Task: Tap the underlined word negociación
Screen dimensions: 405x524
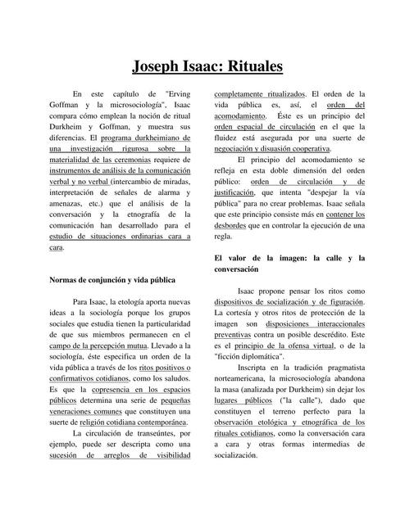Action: click(x=239, y=151)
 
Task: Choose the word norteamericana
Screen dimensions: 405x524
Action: click(x=249, y=379)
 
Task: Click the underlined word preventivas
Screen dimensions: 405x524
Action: click(x=238, y=334)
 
